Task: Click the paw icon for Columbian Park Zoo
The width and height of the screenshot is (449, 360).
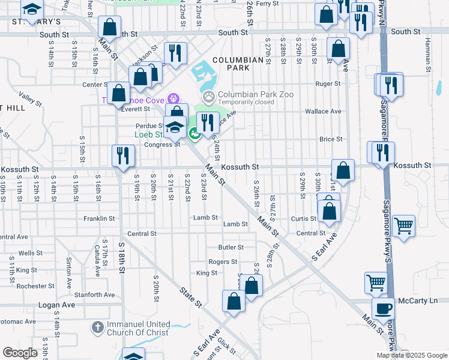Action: point(208,95)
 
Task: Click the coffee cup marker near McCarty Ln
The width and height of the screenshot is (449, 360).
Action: point(383,309)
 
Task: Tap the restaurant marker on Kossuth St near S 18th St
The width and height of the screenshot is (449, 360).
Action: point(120,156)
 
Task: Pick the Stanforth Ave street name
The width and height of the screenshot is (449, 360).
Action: point(94,295)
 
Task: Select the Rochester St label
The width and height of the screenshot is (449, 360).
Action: point(31,286)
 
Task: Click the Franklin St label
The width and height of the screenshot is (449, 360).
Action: point(99,219)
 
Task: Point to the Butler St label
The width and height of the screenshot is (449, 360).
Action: point(231,247)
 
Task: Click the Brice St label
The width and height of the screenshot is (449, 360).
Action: point(330,139)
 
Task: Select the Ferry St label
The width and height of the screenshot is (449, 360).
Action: point(268,4)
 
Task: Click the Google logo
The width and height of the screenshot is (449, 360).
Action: point(20,353)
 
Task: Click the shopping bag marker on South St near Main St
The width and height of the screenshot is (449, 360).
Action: point(110,27)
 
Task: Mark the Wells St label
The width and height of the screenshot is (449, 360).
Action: point(26,253)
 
